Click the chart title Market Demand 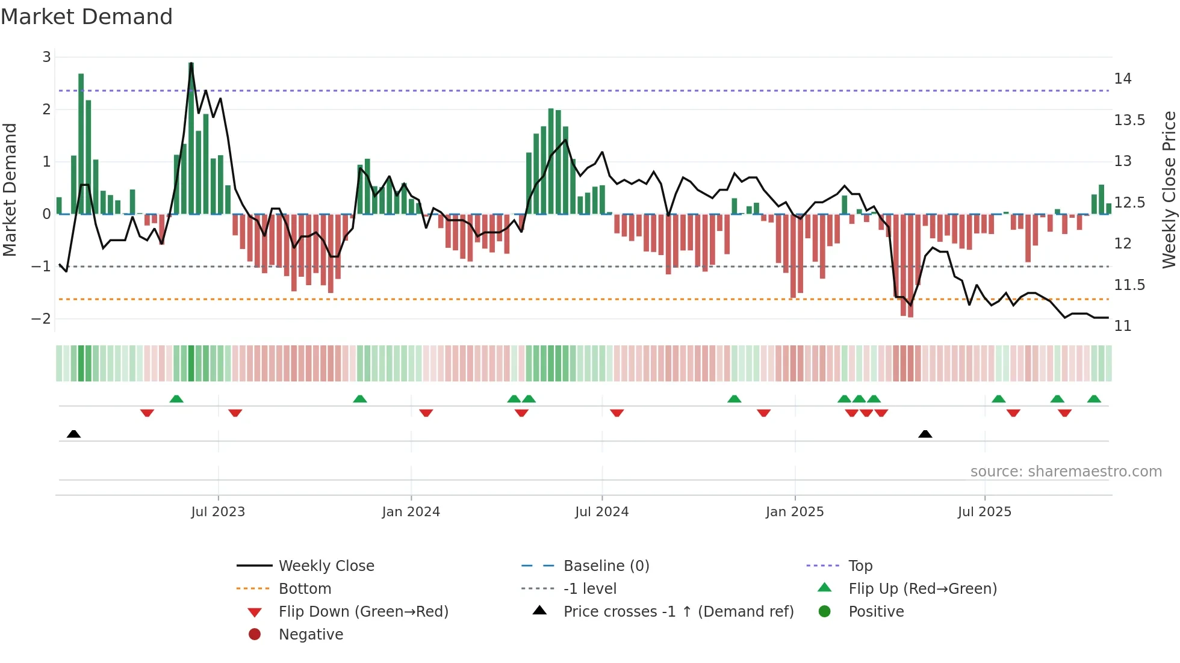tap(87, 16)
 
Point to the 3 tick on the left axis tap(46, 57)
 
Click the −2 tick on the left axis tap(42, 318)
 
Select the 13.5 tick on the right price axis tap(1129, 120)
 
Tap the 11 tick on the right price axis tap(1123, 326)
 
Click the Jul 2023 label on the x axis tap(218, 512)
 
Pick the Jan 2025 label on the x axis tap(794, 512)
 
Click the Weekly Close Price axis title tap(1169, 190)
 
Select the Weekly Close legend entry tap(326, 566)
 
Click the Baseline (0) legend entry tap(606, 566)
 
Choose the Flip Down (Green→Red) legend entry tap(363, 612)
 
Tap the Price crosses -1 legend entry tap(678, 612)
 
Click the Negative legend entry tap(311, 635)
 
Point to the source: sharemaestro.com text tap(1066, 472)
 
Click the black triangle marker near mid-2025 tap(925, 434)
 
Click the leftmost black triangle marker tap(73, 434)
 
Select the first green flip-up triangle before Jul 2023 tap(176, 399)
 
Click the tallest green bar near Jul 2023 tap(191, 138)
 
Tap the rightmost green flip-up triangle tap(1094, 399)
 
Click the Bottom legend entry tap(305, 589)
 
